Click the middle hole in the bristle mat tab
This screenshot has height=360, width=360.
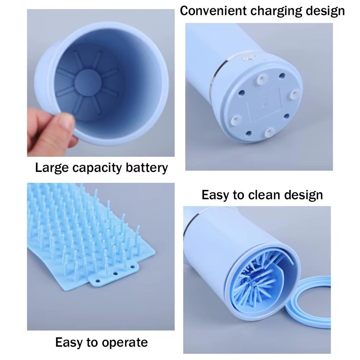pos(115,273)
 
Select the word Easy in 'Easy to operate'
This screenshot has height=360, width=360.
pos(69,342)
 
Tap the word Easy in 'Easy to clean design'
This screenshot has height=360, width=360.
pos(215,195)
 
